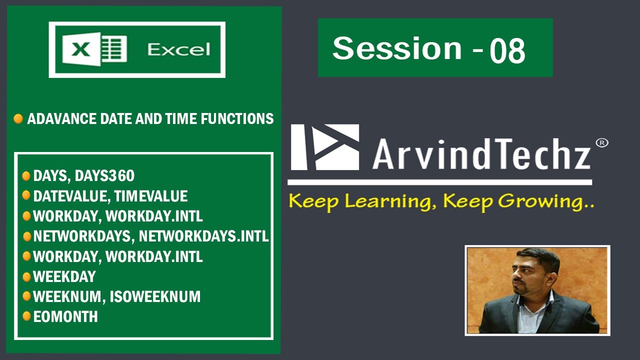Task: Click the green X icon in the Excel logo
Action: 82,49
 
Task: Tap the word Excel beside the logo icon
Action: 178,49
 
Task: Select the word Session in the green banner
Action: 397,48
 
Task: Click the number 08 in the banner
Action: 507,51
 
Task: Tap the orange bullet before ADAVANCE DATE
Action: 18,119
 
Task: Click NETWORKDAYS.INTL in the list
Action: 203,236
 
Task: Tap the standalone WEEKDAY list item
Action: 64,276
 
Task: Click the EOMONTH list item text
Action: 65,316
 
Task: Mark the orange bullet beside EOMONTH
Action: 26,316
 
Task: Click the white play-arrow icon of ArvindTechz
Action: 325,147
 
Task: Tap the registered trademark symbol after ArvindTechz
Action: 601,143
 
